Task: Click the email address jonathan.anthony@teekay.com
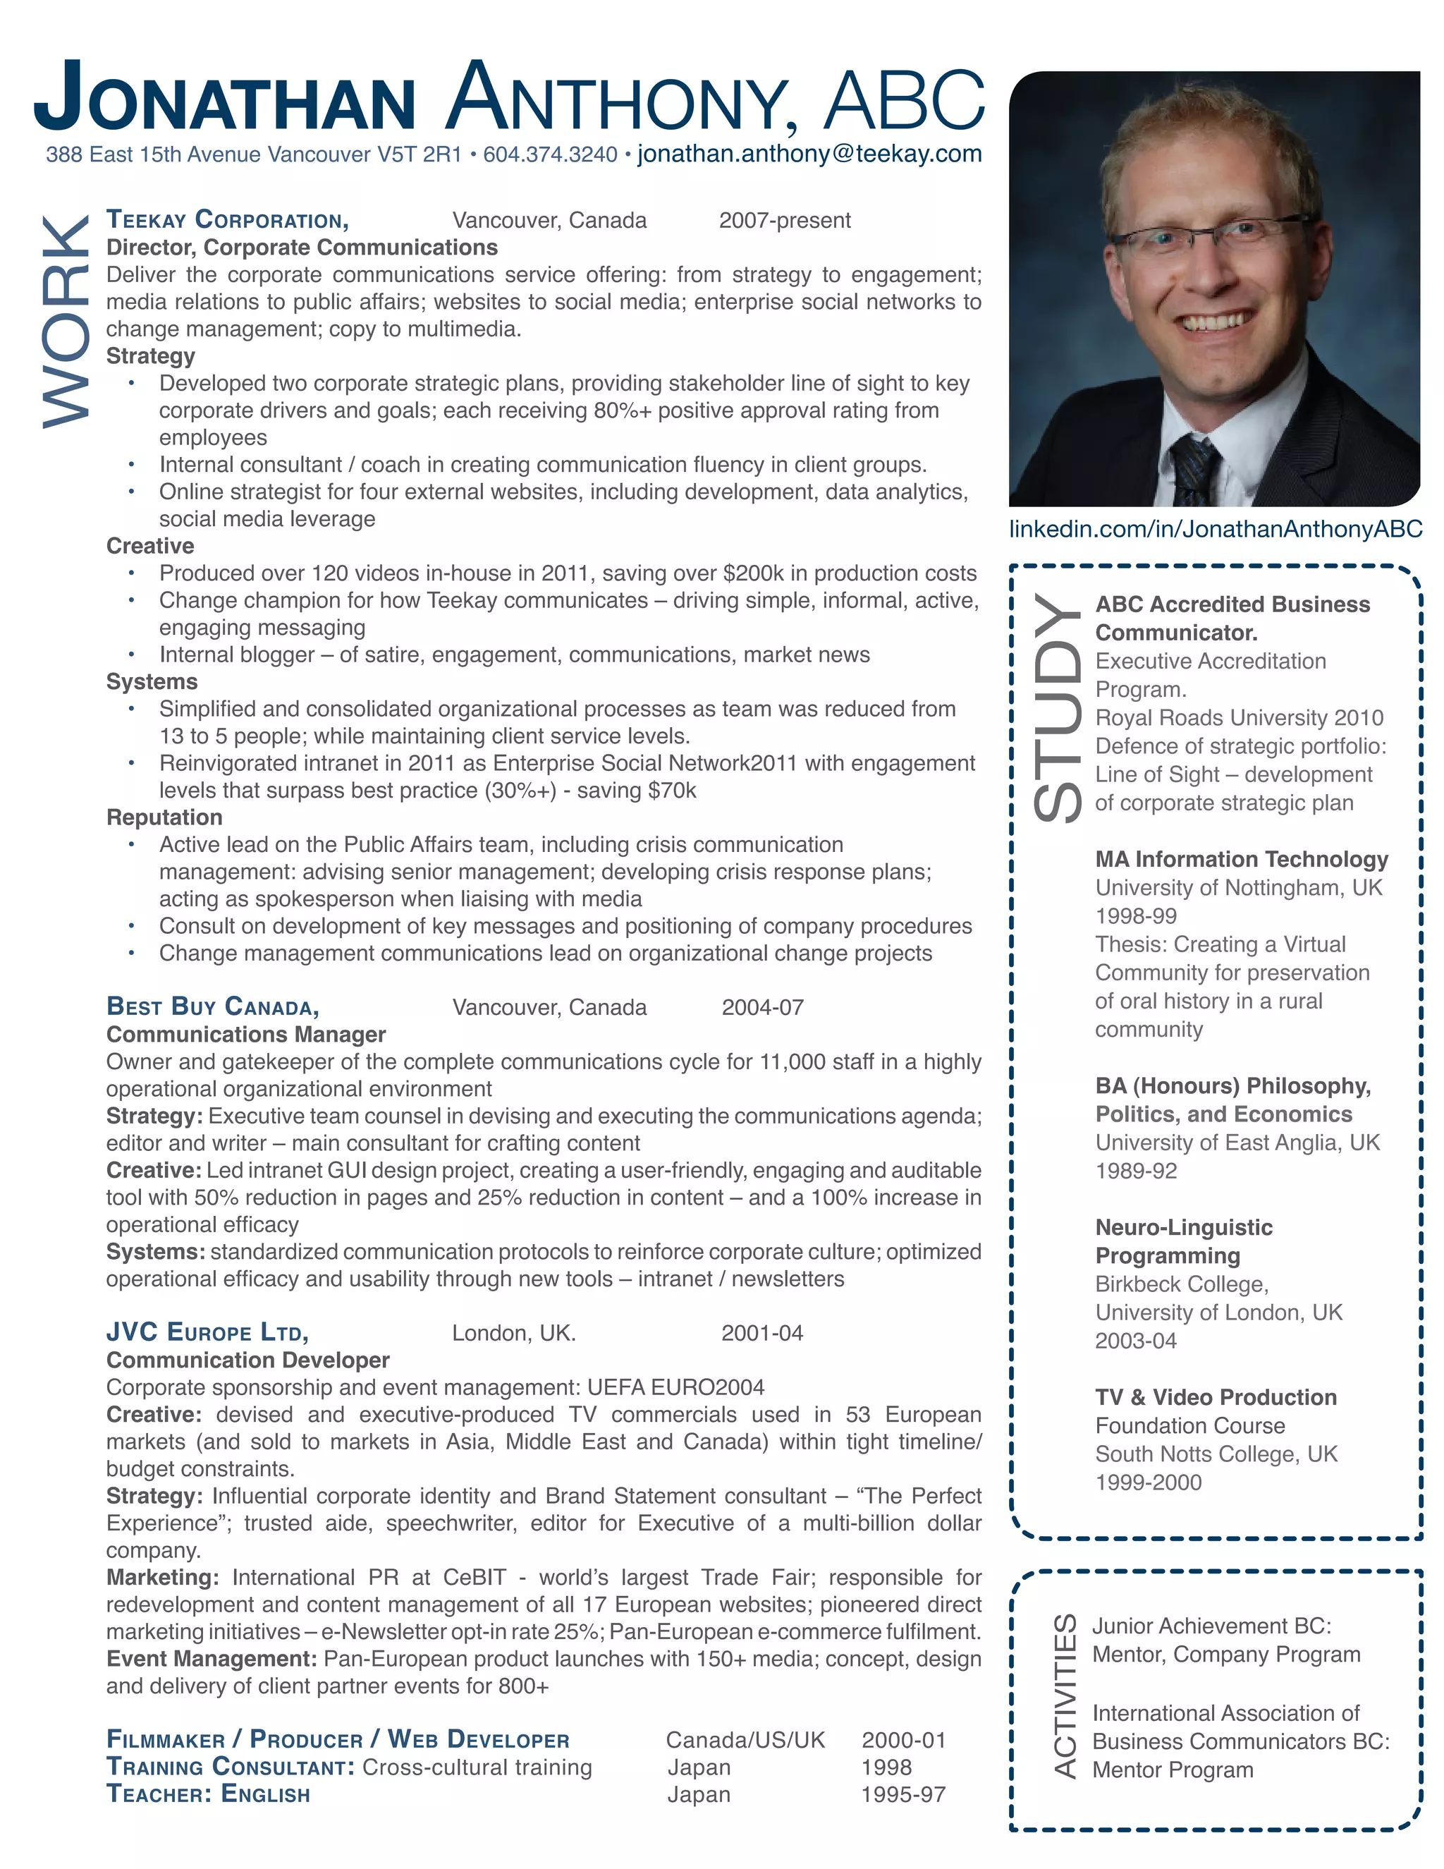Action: (x=809, y=154)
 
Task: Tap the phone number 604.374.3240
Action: (x=550, y=155)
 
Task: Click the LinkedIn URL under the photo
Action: (x=1215, y=529)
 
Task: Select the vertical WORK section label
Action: (x=65, y=322)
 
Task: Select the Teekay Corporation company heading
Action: (x=228, y=220)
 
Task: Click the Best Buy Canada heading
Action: (x=212, y=1006)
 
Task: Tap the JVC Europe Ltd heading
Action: (x=207, y=1332)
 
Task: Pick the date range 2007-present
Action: (x=785, y=221)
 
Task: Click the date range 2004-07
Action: (x=762, y=1007)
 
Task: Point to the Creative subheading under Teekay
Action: (x=149, y=546)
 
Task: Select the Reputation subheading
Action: (x=164, y=817)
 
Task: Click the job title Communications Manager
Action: (x=245, y=1035)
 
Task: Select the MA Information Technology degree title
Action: (x=1241, y=859)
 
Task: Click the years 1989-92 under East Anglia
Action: (x=1135, y=1171)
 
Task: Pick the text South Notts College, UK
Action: (x=1216, y=1454)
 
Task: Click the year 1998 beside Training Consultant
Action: (x=886, y=1767)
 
